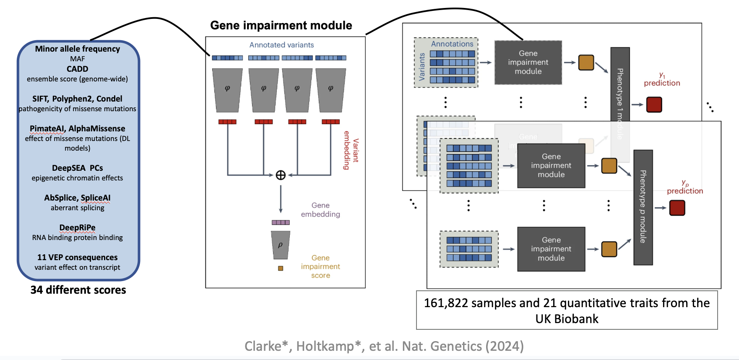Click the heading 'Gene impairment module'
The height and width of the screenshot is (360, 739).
click(281, 25)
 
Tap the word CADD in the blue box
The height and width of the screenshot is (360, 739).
click(78, 69)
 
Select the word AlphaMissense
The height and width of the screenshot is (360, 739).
click(97, 128)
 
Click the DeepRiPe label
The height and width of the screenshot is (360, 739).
click(78, 228)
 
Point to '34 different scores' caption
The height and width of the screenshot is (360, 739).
click(78, 290)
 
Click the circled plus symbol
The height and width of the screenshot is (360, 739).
click(281, 175)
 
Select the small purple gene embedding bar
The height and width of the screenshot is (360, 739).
click(281, 222)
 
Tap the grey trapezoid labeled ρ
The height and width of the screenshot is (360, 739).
click(281, 245)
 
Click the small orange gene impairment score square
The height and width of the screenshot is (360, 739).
click(281, 269)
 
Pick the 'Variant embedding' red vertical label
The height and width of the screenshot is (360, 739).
click(351, 150)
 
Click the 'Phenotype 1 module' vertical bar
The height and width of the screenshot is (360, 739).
click(620, 104)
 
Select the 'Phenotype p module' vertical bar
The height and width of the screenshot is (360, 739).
click(643, 207)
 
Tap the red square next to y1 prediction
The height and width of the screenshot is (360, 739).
click(654, 104)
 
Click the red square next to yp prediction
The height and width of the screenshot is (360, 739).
click(677, 208)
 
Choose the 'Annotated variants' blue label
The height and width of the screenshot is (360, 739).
click(281, 45)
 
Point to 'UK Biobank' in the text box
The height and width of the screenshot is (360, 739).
click(567, 319)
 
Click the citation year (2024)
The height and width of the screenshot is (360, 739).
click(505, 346)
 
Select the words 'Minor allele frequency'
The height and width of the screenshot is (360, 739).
click(78, 49)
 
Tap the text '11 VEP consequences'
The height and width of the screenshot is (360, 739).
click(78, 257)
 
